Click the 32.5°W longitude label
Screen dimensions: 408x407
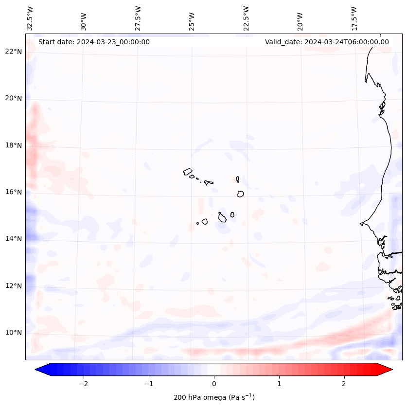(x=30, y=18)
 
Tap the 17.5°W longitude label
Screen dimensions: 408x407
(x=354, y=18)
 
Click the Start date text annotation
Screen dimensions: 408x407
(x=94, y=42)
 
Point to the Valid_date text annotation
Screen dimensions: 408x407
(x=327, y=42)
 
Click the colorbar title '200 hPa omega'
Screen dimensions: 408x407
(x=214, y=397)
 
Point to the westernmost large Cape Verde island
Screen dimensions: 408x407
(x=188, y=171)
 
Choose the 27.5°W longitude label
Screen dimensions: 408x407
(x=138, y=18)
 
